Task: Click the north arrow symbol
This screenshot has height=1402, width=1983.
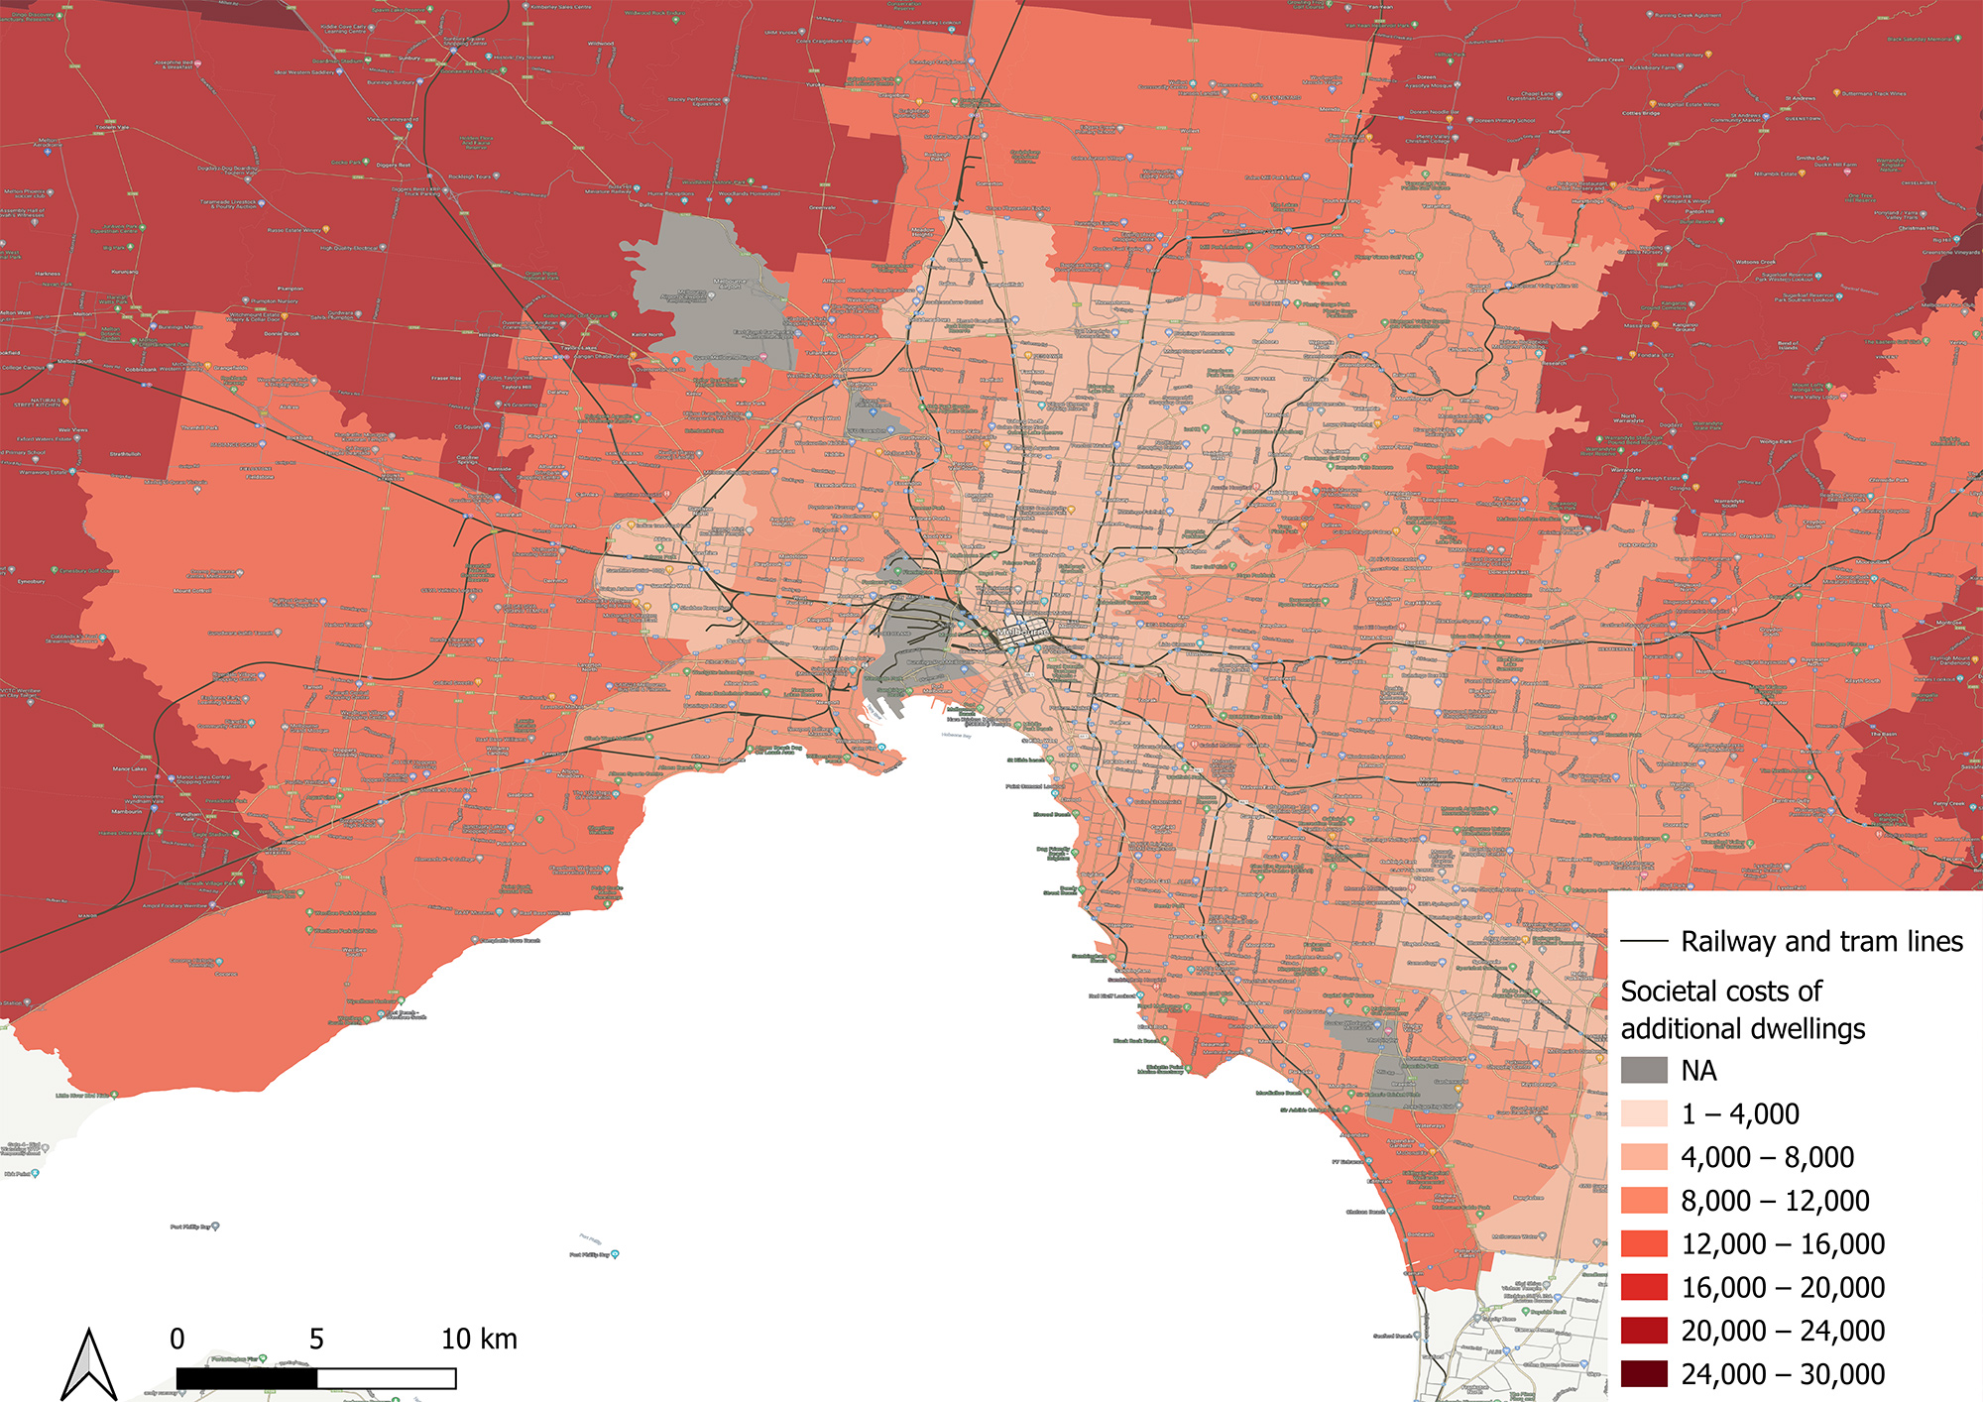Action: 89,1365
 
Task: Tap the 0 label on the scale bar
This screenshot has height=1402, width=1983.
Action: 177,1340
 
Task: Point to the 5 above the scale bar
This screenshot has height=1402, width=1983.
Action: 316,1340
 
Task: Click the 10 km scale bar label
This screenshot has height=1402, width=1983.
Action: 479,1340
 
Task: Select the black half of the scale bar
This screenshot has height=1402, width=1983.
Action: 247,1378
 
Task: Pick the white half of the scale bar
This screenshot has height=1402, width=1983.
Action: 387,1378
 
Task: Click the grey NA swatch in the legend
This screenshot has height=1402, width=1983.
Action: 1644,1071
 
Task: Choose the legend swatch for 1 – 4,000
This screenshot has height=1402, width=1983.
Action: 1644,1113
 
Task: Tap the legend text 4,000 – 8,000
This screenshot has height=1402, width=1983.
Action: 1767,1157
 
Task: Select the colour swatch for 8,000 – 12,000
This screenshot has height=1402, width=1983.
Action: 1644,1201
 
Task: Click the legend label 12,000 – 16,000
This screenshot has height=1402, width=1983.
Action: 1783,1244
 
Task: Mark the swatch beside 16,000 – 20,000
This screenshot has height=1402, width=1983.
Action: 1644,1287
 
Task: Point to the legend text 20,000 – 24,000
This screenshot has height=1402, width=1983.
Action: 1783,1331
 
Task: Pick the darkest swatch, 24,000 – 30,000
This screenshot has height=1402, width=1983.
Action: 1644,1374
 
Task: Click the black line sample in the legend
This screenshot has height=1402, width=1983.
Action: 1644,942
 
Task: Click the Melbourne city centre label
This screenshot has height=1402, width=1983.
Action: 1022,632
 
